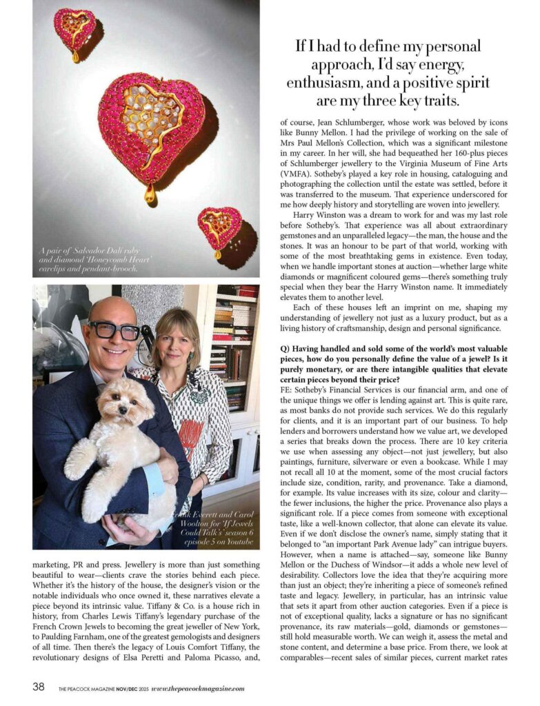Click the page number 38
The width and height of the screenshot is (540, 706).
[x=39, y=687]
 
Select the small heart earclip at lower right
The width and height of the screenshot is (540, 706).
[x=220, y=228]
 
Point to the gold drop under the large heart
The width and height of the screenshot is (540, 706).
[x=150, y=195]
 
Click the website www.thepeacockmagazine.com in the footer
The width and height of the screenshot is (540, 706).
[x=197, y=688]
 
